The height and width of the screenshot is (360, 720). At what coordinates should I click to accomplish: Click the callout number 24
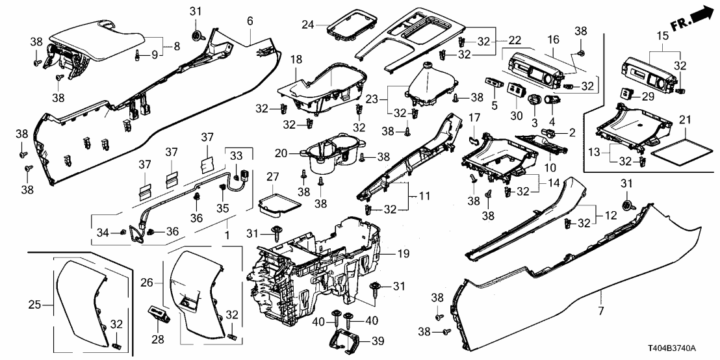click(311, 25)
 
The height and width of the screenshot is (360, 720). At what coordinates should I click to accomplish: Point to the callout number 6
click(250, 21)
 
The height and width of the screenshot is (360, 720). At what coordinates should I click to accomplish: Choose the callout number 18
click(297, 59)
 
